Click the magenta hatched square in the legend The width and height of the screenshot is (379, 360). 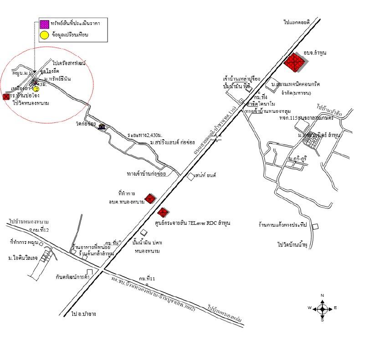coord(44,24)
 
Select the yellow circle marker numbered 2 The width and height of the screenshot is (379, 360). coord(36,89)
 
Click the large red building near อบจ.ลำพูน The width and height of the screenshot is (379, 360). coord(294,63)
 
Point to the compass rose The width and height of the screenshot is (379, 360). coord(323,308)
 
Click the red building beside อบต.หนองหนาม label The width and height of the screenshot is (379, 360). coord(150,198)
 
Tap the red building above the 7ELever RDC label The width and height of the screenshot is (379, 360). coord(163,212)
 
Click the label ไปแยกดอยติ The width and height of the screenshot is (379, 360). coord(297,22)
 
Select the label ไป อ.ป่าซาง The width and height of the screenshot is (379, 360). coord(84,314)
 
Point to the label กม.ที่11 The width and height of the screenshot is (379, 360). coord(147,279)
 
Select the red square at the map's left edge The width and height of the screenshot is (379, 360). coord(5,96)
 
